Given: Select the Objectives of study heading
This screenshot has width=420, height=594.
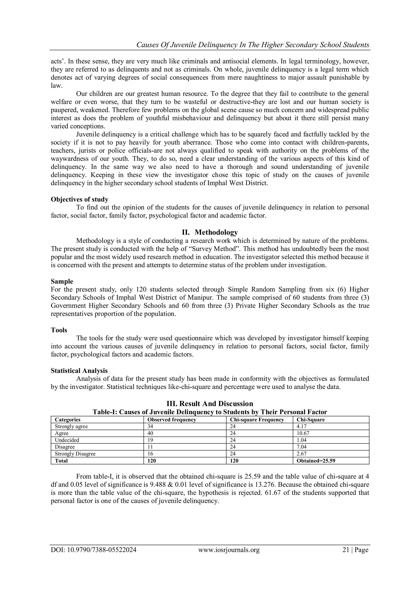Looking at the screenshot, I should (x=79, y=199).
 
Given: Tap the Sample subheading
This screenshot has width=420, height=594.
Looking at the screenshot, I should (x=62, y=281).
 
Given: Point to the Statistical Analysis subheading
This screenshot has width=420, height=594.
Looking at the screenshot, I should (x=79, y=371).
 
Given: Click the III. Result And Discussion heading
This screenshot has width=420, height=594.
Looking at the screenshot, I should (x=210, y=404).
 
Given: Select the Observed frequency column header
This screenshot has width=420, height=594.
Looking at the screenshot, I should (x=171, y=420).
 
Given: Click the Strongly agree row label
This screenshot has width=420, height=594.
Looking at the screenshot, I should (x=71, y=426).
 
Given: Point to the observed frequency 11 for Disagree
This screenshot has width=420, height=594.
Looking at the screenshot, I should (x=150, y=447).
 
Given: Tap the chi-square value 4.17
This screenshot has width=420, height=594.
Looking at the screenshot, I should (x=301, y=426).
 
